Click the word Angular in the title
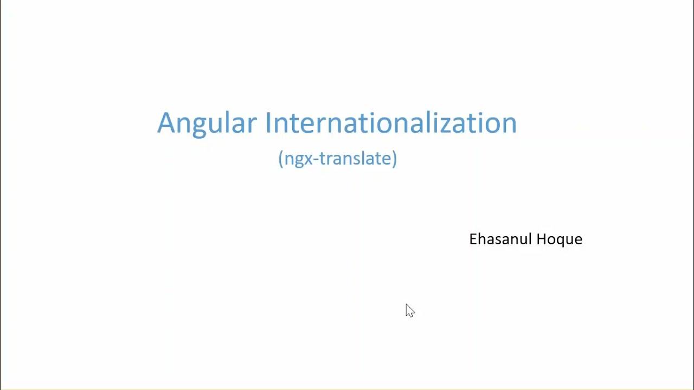coord(207,123)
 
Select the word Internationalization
coord(390,123)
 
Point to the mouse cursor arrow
coord(409,310)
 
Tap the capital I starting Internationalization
coord(268,123)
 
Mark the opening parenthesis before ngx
coord(280,159)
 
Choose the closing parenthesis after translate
coord(395,159)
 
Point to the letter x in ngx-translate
coord(311,159)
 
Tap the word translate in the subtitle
coord(357,159)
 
